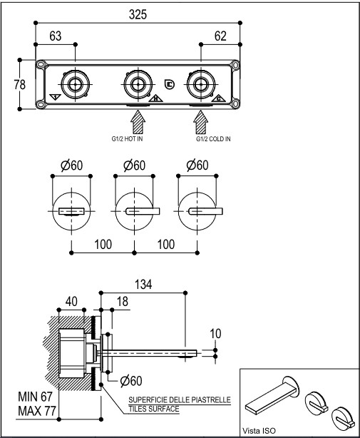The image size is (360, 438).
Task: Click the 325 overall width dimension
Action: pos(138,14)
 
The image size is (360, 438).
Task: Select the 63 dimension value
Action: pos(56,36)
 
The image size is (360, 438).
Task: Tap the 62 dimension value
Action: pos(220,36)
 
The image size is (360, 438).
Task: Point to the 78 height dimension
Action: pos(19,84)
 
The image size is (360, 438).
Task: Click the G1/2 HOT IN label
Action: pos(127,139)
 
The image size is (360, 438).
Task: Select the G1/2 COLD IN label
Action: pos(213,139)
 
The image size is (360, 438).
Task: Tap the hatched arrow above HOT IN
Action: pos(138,122)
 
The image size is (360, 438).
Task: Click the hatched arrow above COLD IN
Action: pos(200,122)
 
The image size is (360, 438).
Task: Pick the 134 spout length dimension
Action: pos(143,285)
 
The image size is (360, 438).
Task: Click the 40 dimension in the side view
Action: pos(71,302)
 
